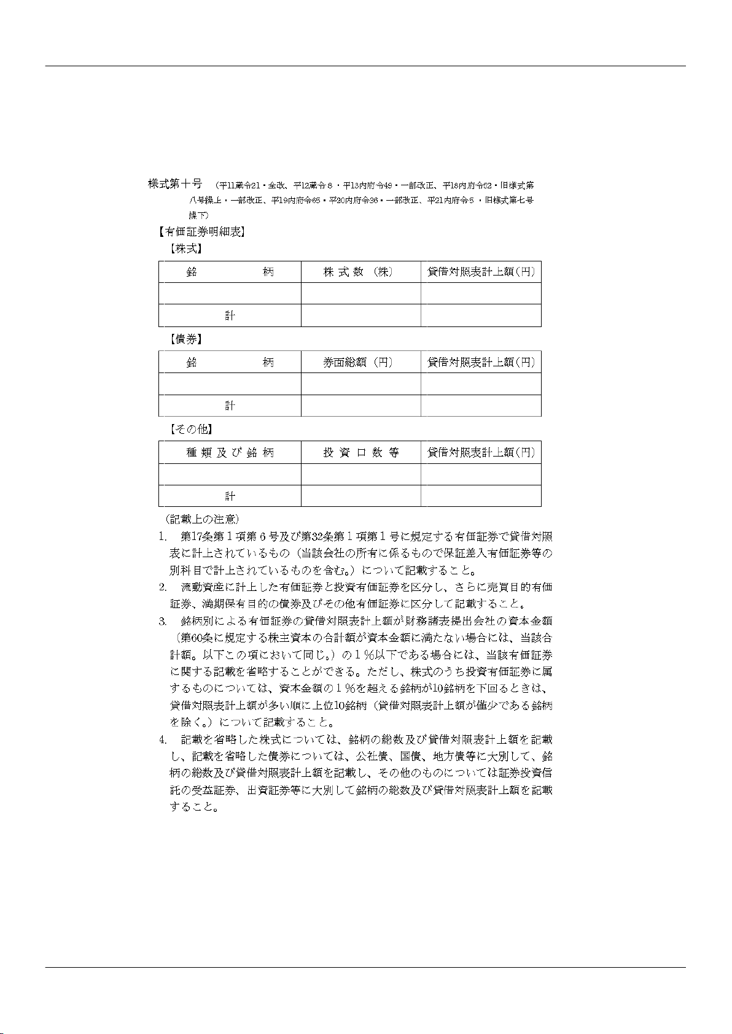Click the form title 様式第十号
pyautogui.click(x=175, y=183)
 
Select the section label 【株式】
pyautogui.click(x=186, y=249)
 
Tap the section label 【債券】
pyautogui.click(x=186, y=339)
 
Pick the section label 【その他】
pyautogui.click(x=190, y=429)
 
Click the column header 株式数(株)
pyautogui.click(x=358, y=272)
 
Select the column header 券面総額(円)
pyautogui.click(x=358, y=363)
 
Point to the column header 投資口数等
pyautogui.click(x=361, y=453)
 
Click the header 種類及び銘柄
pyautogui.click(x=230, y=453)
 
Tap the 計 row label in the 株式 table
pyautogui.click(x=230, y=315)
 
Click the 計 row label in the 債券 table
pyautogui.click(x=230, y=406)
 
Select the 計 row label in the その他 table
pyautogui.click(x=230, y=496)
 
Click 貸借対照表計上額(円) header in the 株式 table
pyautogui.click(x=481, y=272)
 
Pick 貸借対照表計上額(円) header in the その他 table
pyautogui.click(x=481, y=453)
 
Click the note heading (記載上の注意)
pyautogui.click(x=198, y=520)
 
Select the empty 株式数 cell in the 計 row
pyautogui.click(x=360, y=315)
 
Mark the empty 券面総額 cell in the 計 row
pyautogui.click(x=360, y=406)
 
